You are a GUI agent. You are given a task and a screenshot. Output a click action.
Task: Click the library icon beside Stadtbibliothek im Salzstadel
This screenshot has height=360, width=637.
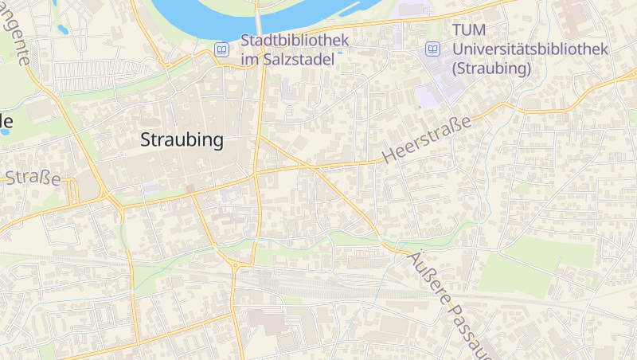[x=221, y=49]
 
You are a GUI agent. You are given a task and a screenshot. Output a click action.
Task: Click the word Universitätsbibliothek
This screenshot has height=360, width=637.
[x=530, y=49]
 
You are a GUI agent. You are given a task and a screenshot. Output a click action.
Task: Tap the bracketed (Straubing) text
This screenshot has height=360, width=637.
[x=490, y=68]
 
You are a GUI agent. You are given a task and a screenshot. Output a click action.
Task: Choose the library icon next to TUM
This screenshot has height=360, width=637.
[x=432, y=49]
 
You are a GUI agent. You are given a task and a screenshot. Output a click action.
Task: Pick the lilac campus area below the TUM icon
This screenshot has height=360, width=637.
[x=434, y=88]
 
